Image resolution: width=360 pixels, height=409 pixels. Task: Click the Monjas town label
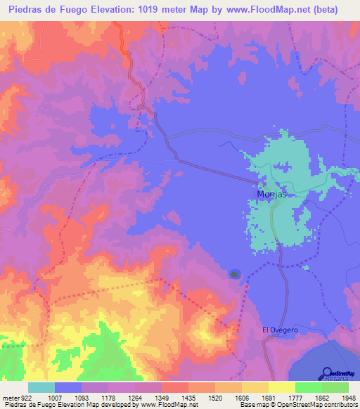(x=269, y=195)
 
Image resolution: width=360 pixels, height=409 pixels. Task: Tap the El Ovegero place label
(x=279, y=330)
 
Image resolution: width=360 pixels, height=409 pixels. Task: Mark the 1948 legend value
(x=345, y=398)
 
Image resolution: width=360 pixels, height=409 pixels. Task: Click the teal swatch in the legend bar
(x=41, y=387)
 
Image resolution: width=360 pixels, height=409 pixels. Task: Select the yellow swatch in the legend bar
(x=281, y=387)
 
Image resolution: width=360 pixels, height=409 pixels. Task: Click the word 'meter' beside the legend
(x=11, y=398)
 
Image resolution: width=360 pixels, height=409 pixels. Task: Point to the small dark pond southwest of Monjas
(x=234, y=274)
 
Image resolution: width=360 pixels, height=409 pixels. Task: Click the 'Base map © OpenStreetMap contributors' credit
(x=297, y=405)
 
